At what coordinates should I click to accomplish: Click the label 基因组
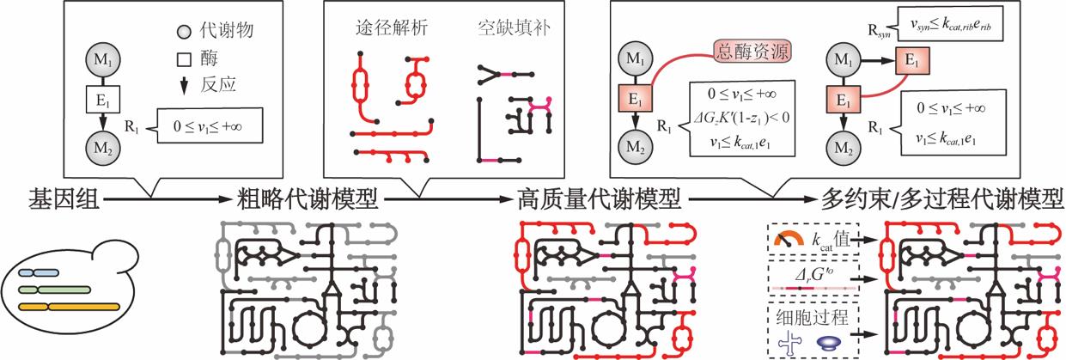click(x=53, y=200)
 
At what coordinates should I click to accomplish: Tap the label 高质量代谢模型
click(x=600, y=200)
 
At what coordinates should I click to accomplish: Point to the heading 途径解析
click(x=385, y=28)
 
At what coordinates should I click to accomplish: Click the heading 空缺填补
click(x=510, y=28)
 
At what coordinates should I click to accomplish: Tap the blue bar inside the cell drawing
click(x=38, y=273)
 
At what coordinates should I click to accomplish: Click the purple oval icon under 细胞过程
click(x=828, y=342)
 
